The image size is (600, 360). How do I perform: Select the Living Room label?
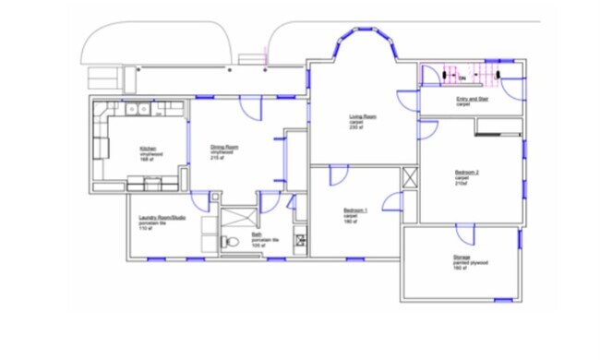[362, 117]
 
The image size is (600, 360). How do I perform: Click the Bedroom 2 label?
[467, 173]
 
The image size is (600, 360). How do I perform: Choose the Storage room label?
[462, 259]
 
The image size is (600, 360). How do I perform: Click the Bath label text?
[258, 234]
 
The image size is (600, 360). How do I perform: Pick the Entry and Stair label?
[473, 99]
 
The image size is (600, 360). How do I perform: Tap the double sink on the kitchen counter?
[138, 109]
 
